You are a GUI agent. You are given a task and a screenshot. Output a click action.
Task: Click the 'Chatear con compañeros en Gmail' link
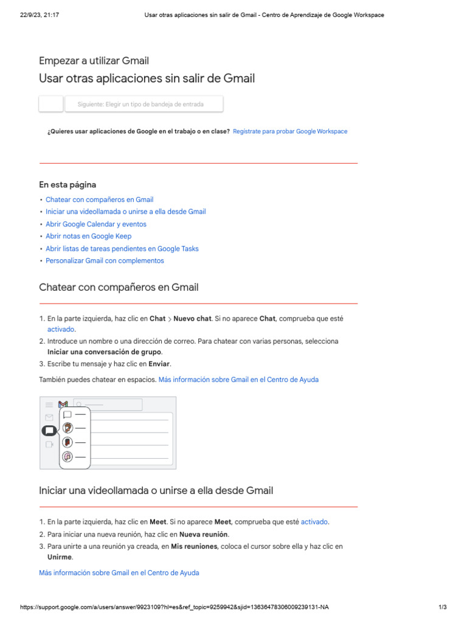(99, 200)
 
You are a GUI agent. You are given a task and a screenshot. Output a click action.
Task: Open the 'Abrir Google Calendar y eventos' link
(95, 224)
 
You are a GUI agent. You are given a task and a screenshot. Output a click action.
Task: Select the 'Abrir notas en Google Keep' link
(88, 236)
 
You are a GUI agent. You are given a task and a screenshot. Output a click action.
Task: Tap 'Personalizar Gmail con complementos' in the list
(105, 260)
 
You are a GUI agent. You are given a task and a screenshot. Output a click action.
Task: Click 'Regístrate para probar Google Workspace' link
(290, 131)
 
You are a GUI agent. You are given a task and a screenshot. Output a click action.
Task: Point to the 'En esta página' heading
(67, 184)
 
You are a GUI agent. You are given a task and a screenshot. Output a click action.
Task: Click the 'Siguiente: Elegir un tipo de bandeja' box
(144, 104)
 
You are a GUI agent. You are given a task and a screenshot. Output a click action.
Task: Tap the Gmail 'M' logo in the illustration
(63, 405)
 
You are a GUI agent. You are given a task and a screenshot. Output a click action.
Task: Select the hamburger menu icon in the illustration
(49, 405)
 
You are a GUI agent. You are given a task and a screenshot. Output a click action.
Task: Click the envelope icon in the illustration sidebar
(49, 417)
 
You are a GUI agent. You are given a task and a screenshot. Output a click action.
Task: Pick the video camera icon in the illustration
(49, 444)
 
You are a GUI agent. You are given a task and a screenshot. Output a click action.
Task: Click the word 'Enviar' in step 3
(159, 364)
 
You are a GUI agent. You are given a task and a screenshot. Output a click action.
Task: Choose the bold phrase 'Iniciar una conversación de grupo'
(105, 352)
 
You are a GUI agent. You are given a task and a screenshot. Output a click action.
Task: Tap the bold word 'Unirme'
(60, 557)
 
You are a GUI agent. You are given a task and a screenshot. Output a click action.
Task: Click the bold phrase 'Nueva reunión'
(204, 534)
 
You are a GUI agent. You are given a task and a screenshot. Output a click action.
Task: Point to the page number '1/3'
(442, 607)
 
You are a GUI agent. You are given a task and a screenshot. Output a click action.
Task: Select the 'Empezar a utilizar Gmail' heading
(94, 60)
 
